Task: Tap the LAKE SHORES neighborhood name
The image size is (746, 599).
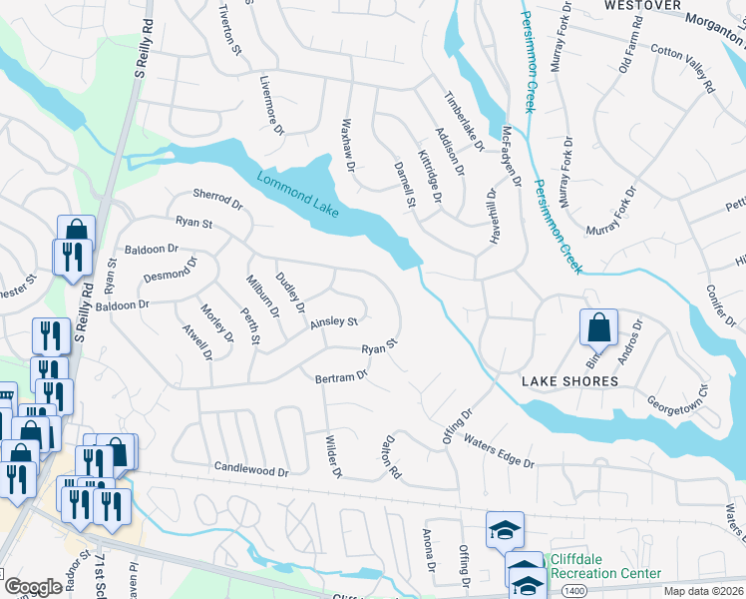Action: pos(569,381)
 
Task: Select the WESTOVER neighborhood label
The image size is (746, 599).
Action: pos(642,6)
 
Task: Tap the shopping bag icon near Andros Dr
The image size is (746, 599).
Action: pos(597,327)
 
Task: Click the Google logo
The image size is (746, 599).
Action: pos(33,587)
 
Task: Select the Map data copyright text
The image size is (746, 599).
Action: pos(703,591)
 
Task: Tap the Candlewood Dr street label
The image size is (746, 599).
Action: pos(250,468)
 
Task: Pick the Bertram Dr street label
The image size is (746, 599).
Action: pos(341,377)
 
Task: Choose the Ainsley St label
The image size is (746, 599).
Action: pos(333,321)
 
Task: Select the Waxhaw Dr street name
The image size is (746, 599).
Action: pos(348,145)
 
